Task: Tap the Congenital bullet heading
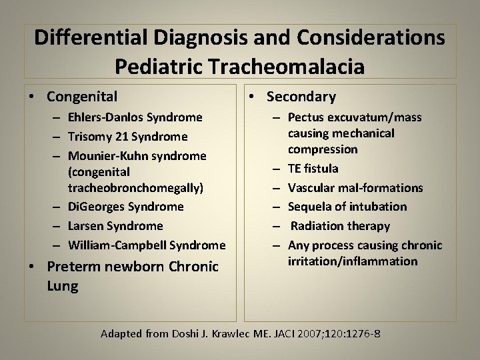(x=78, y=97)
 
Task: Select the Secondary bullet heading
(x=301, y=97)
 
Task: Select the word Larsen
(x=85, y=226)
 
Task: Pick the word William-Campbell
(x=109, y=245)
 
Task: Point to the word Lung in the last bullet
(x=63, y=287)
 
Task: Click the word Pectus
(x=306, y=118)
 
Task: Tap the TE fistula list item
(x=313, y=169)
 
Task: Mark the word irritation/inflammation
(x=353, y=261)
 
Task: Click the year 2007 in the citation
(x=317, y=333)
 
